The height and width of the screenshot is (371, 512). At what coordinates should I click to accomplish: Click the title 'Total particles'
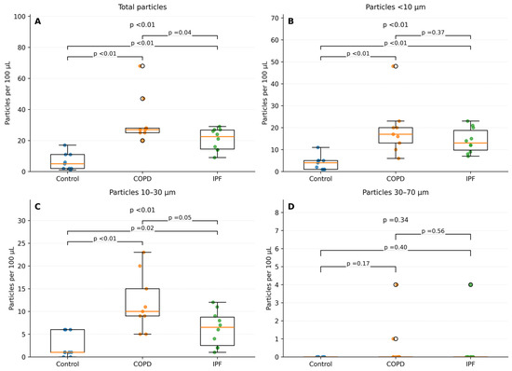click(x=142, y=7)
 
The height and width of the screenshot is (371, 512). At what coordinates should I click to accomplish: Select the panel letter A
click(x=38, y=21)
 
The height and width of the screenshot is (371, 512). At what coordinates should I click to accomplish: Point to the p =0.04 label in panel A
click(x=180, y=33)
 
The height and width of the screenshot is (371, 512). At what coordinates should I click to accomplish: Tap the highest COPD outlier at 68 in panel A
click(x=142, y=66)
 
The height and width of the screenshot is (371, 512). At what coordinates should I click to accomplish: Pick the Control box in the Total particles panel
click(x=68, y=161)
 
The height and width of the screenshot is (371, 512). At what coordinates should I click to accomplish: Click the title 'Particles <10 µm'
click(x=396, y=7)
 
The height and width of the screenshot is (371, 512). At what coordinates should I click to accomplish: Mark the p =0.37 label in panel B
click(x=433, y=33)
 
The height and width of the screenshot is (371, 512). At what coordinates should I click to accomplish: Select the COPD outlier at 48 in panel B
click(x=396, y=66)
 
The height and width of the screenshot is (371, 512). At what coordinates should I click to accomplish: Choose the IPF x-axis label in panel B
click(x=470, y=179)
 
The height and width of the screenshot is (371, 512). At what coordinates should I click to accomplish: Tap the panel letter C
click(x=38, y=207)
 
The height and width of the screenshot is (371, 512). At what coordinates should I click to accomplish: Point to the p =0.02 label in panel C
click(x=142, y=228)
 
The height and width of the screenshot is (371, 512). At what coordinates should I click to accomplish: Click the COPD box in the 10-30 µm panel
click(x=142, y=302)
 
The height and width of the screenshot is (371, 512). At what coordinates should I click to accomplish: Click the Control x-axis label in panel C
click(x=68, y=364)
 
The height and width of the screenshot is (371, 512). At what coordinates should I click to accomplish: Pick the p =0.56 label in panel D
click(x=433, y=231)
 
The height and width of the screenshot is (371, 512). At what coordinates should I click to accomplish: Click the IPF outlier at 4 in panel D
click(x=470, y=284)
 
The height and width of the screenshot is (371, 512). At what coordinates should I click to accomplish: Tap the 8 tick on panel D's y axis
click(x=276, y=213)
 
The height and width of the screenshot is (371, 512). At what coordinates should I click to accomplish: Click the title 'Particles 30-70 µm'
click(x=396, y=192)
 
